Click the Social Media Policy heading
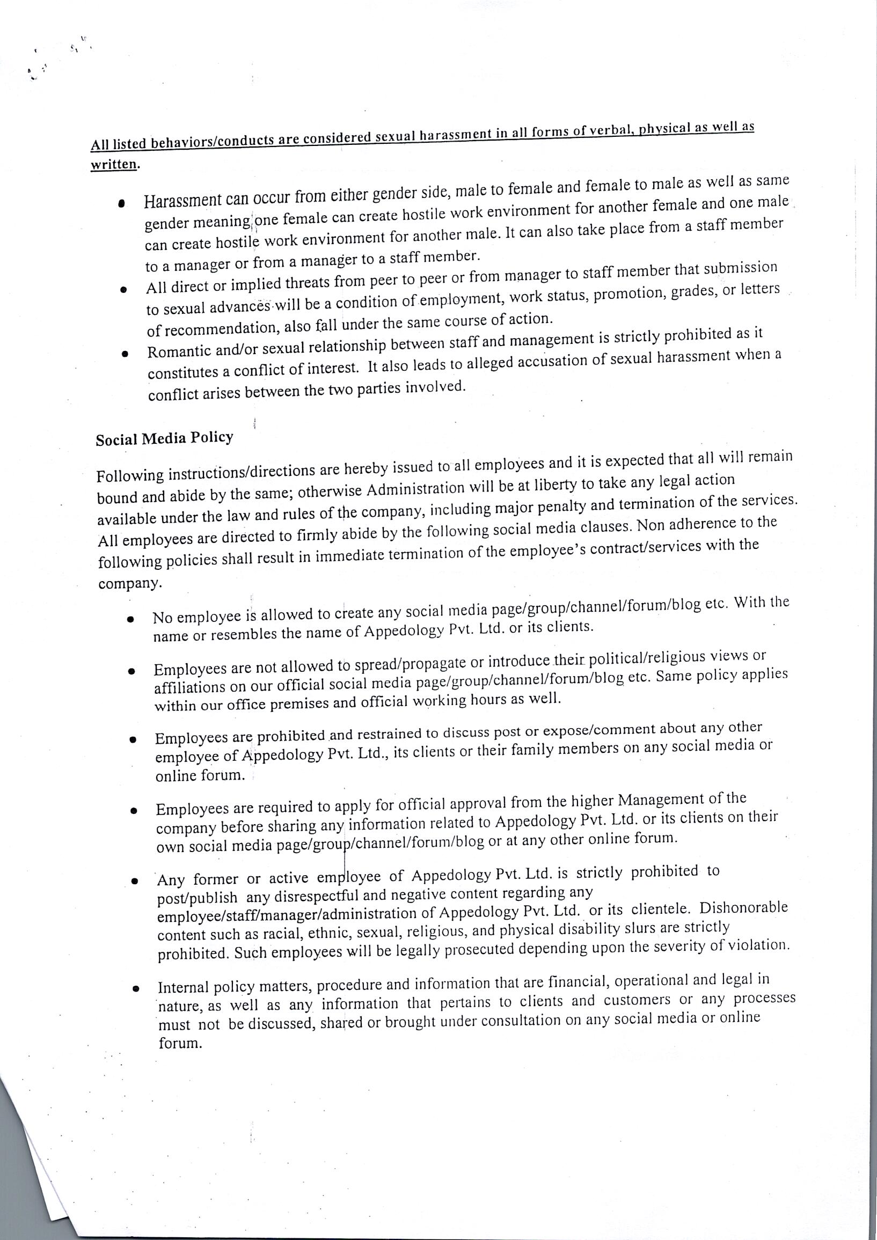pos(164,438)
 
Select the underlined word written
pos(113,164)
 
